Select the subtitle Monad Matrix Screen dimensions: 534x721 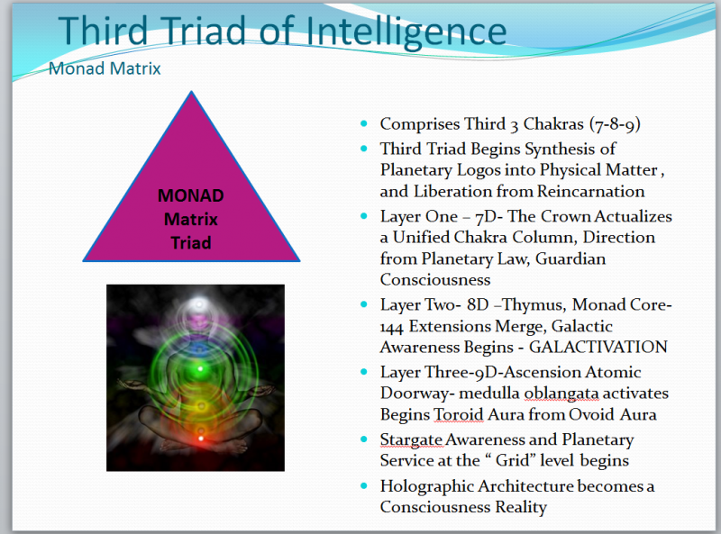(104, 68)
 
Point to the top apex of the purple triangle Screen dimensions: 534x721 (191, 91)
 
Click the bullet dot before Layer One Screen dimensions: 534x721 (364, 217)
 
